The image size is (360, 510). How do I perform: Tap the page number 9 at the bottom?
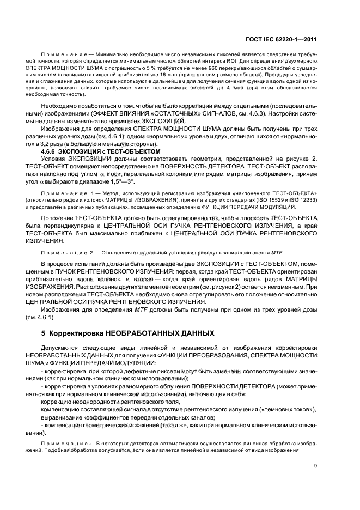(x=316, y=465)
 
